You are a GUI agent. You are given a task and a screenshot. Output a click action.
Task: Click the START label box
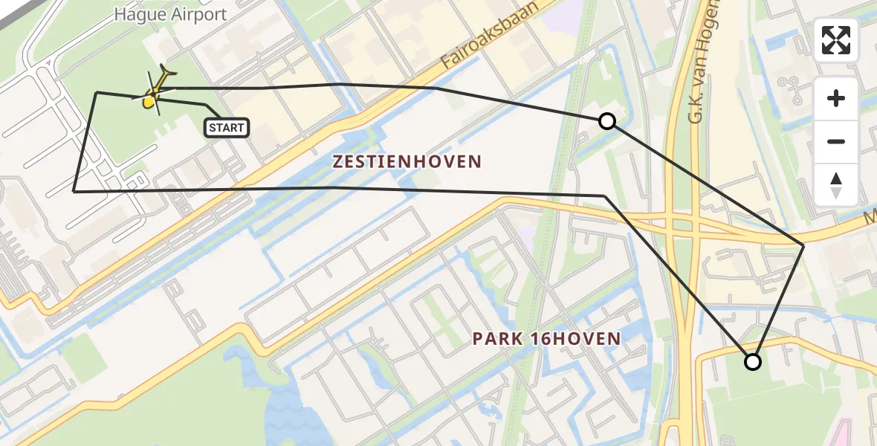227,128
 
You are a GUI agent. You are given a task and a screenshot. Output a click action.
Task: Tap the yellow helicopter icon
157,92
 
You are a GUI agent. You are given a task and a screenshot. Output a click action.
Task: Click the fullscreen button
836,40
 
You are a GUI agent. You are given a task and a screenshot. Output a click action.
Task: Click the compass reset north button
836,184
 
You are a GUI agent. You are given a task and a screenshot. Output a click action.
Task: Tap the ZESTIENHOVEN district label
407,161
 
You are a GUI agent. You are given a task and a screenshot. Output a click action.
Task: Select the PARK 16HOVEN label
546,339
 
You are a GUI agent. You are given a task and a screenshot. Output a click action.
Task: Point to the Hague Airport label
170,15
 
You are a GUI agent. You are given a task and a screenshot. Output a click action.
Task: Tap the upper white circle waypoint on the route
607,121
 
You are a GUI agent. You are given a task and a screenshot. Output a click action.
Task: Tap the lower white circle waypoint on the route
753,362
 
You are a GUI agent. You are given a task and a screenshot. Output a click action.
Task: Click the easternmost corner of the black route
803,245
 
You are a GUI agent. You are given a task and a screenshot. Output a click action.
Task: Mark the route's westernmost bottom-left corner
74,191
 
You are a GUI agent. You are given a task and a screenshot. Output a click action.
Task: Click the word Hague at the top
137,15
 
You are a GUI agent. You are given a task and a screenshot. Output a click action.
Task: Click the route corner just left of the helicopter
97,92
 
